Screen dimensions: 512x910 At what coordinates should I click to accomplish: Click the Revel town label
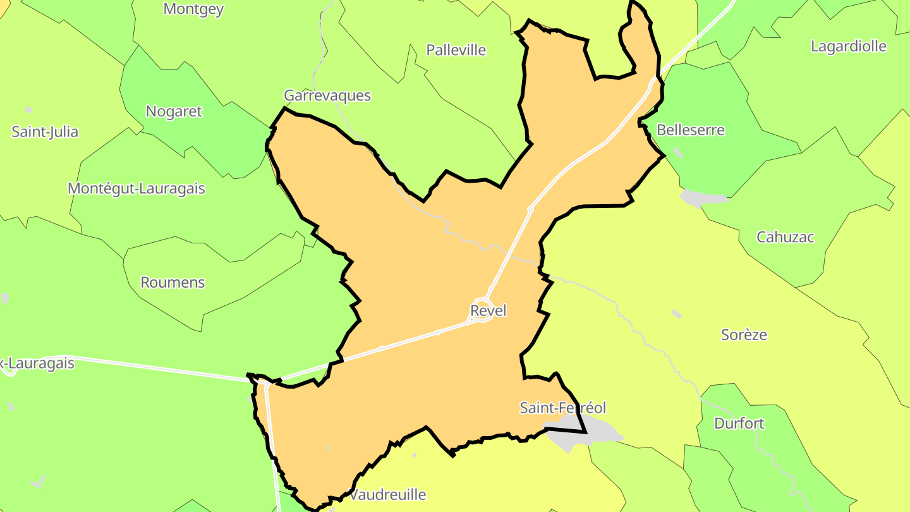click(488, 311)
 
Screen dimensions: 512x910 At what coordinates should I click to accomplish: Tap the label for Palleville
click(456, 50)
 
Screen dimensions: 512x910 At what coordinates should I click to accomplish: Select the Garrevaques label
click(327, 95)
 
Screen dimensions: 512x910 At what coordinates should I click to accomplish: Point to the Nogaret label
click(174, 111)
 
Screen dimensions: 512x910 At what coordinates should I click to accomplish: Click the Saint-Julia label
click(45, 132)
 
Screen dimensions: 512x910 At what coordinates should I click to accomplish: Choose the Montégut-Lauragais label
click(136, 188)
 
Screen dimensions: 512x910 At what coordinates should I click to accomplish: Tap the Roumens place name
click(173, 283)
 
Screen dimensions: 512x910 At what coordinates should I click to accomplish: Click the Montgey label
click(193, 9)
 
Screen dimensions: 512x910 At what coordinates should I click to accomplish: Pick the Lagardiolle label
click(849, 46)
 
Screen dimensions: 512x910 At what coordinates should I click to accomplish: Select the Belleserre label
click(691, 130)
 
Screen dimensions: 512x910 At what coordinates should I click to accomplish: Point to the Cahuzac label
click(786, 238)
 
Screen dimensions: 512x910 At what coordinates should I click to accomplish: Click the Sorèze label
click(744, 335)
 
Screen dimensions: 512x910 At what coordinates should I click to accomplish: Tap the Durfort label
click(739, 424)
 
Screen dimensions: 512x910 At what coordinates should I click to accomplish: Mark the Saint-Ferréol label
click(562, 408)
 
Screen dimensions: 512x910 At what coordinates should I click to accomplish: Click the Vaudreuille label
click(388, 494)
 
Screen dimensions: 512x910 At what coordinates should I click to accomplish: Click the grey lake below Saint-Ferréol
click(588, 432)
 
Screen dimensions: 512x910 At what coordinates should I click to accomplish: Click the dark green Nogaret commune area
click(209, 139)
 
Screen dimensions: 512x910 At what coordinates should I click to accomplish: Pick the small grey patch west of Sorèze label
click(676, 314)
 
